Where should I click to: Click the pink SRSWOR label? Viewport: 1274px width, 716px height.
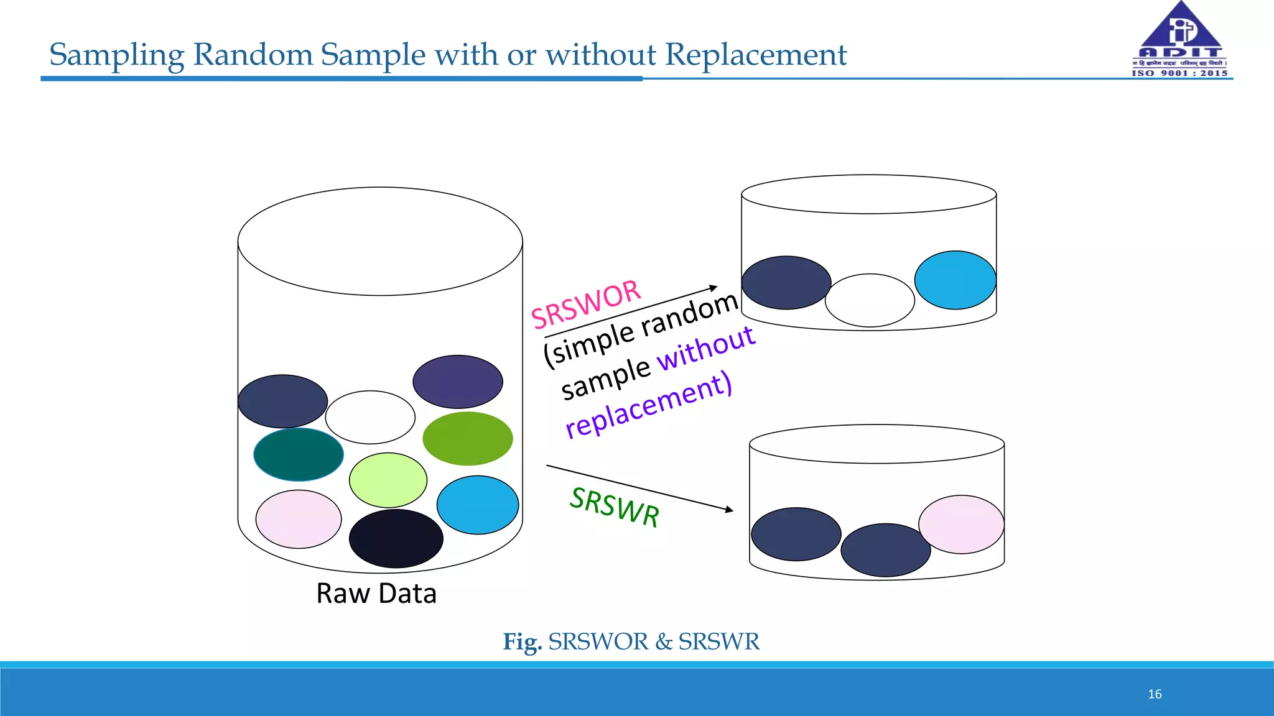585,305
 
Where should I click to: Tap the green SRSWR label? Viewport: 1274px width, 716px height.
615,507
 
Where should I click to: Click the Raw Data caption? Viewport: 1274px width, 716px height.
376,594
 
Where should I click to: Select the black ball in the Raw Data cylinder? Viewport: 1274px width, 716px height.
396,538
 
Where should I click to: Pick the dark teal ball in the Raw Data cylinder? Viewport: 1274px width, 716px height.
299,454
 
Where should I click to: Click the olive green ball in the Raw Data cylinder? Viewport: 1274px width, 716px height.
468,438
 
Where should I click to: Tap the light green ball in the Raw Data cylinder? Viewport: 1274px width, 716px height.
388,480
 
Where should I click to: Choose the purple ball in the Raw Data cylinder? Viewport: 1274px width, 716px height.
458,382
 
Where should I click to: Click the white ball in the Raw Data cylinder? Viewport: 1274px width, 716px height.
370,417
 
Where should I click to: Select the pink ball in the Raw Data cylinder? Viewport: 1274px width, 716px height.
299,519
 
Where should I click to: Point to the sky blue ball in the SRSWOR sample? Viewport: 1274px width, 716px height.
955,280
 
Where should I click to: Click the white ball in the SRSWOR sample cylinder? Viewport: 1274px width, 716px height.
870,300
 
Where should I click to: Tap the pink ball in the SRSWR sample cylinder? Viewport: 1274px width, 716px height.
961,524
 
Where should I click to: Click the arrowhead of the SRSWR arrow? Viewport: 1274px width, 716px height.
730,510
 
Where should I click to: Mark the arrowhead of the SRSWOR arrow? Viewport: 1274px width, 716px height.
714,288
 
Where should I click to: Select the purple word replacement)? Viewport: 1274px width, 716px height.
649,405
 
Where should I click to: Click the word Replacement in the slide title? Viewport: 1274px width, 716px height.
756,55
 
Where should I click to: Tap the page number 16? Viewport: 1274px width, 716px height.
1155,694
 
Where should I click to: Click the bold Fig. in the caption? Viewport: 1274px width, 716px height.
523,641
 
